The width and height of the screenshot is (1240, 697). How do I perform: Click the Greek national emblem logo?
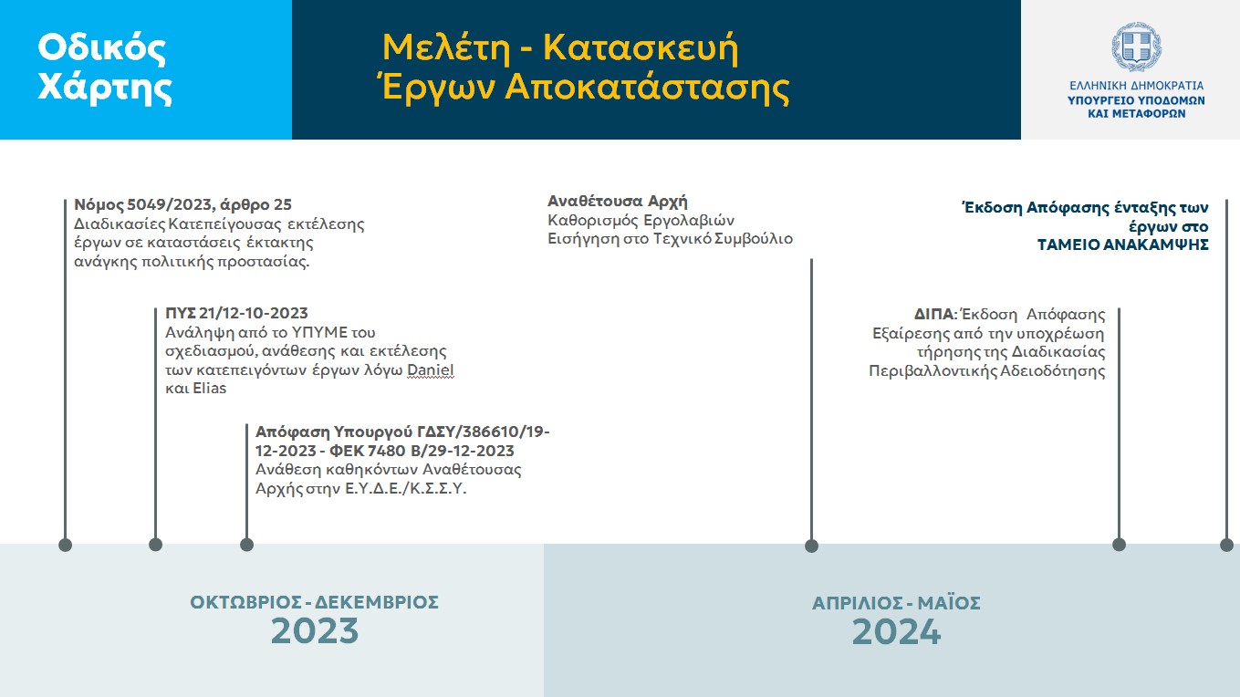1137,47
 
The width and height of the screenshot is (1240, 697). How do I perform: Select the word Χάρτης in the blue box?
105,87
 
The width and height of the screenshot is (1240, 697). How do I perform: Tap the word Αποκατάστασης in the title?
647,87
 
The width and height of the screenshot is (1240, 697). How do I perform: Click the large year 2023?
315,631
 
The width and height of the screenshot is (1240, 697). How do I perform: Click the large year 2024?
896,631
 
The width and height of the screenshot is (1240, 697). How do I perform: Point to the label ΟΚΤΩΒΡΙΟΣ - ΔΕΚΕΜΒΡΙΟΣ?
315,602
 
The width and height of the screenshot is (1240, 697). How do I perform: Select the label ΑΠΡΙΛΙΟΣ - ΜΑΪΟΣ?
896,602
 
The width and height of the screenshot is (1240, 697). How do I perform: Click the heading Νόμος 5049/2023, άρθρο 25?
182,205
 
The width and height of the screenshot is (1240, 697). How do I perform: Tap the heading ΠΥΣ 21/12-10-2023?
236,313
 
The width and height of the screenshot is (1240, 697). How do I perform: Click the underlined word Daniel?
430,369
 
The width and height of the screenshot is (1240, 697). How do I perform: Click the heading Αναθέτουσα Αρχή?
617,201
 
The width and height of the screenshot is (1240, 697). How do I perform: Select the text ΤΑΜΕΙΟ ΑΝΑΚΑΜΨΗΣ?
1122,244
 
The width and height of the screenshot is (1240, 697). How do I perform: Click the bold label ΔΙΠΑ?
935,315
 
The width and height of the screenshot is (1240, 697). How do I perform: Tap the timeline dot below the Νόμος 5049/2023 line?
66,545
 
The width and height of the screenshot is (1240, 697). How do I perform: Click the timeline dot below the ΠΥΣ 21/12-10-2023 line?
155,545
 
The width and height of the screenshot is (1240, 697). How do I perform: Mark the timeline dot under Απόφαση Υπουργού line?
247,545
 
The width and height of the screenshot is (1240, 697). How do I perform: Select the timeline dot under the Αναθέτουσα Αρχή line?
811,546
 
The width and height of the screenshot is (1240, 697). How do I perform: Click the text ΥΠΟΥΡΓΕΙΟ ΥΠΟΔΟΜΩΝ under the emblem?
1137,100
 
